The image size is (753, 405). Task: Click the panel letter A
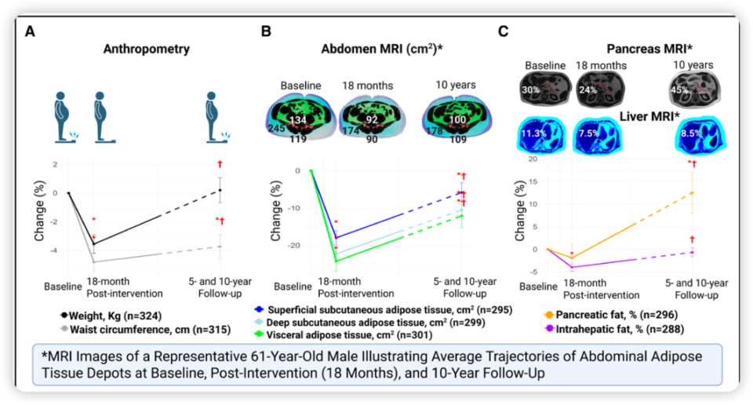pyautogui.click(x=30, y=31)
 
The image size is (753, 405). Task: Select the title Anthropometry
pyautogui.click(x=147, y=49)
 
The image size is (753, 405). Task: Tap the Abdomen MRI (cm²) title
pyautogui.click(x=382, y=49)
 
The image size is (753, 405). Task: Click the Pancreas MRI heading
pyautogui.click(x=649, y=49)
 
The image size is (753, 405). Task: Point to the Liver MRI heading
pyautogui.click(x=649, y=116)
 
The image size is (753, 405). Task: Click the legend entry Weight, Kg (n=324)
pyautogui.click(x=111, y=316)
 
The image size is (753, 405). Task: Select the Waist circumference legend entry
pyautogui.click(x=145, y=330)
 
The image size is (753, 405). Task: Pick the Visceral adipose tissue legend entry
pyautogui.click(x=344, y=335)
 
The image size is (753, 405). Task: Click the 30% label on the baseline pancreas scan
pyautogui.click(x=531, y=89)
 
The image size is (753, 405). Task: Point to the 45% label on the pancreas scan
pyautogui.click(x=679, y=89)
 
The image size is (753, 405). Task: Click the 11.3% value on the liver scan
pyautogui.click(x=533, y=133)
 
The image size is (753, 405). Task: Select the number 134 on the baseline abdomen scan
pyautogui.click(x=298, y=119)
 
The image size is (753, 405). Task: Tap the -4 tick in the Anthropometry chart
pyautogui.click(x=54, y=250)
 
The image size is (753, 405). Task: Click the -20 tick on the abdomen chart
pyautogui.click(x=294, y=246)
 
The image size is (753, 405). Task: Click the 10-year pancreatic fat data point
pyautogui.click(x=692, y=192)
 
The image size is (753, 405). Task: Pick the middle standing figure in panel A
pyautogui.click(x=101, y=118)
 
